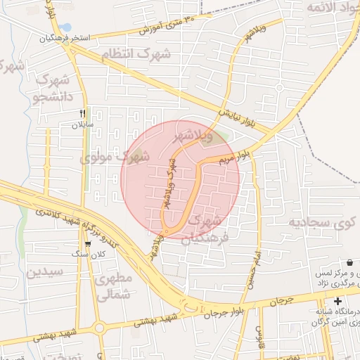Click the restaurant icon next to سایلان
pyautogui.click(x=83, y=113)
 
